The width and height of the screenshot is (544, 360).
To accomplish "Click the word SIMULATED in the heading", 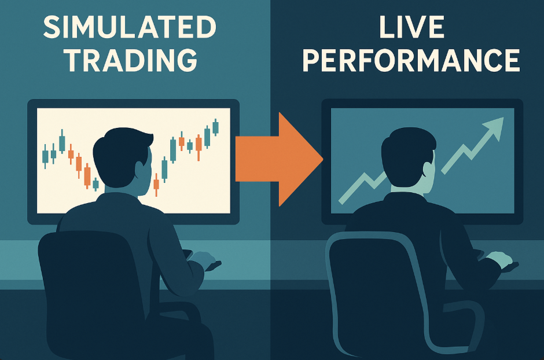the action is [130, 27].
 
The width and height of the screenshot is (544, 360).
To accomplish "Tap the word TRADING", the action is [131, 60].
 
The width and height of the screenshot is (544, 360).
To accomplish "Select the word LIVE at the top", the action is [411, 27].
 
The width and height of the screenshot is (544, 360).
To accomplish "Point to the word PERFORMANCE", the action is [411, 60].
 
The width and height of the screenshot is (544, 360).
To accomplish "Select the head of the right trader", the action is [408, 156].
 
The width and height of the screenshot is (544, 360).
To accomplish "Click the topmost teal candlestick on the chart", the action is [215, 127].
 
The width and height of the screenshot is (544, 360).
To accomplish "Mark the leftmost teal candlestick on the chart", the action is [45, 156].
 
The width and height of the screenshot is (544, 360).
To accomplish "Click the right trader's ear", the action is [429, 171].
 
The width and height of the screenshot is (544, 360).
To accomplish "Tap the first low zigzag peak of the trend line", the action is [364, 174].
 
